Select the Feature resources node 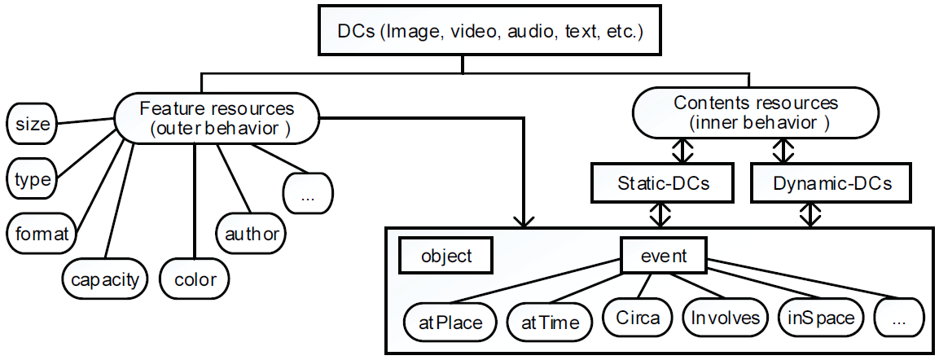217,118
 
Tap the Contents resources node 755,113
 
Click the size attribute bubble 33,125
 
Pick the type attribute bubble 33,179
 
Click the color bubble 195,280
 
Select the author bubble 251,235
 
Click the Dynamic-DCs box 809,184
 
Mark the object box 445,257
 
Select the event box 663,257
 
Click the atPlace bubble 450,322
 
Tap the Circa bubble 637,317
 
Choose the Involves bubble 725,317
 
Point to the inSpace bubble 820,317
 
